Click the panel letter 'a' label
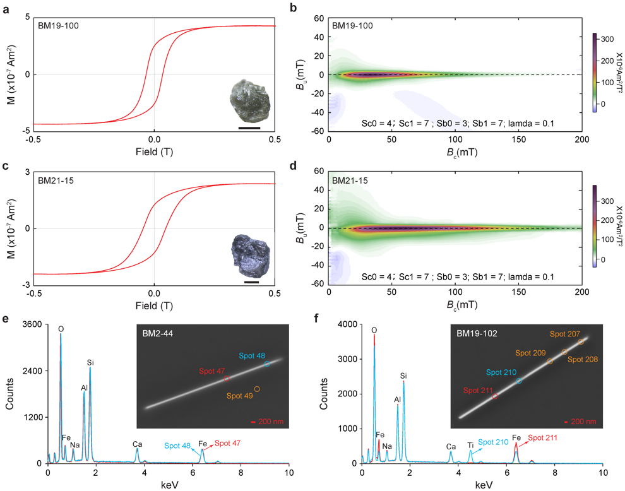pyautogui.click(x=6, y=9)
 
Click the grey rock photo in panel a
pyautogui.click(x=250, y=102)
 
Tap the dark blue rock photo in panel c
pyautogui.click(x=251, y=256)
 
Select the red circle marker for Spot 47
pyautogui.click(x=227, y=379)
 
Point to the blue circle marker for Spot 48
pyautogui.click(x=267, y=364)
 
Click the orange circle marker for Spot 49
pyautogui.click(x=257, y=389)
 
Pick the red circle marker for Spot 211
pyautogui.click(x=495, y=396)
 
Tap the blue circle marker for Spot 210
pyautogui.click(x=519, y=381)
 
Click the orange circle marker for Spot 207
pyautogui.click(x=581, y=341)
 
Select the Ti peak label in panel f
pyautogui.click(x=471, y=445)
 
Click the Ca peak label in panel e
pyautogui.click(x=138, y=444)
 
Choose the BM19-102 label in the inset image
pyautogui.click(x=477, y=334)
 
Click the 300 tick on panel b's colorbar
pyautogui.click(x=607, y=39)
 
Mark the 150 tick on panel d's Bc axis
pyautogui.click(x=518, y=292)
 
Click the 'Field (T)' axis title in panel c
pyautogui.click(x=154, y=305)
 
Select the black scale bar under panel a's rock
pyautogui.click(x=249, y=128)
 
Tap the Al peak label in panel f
pyautogui.click(x=397, y=399)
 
